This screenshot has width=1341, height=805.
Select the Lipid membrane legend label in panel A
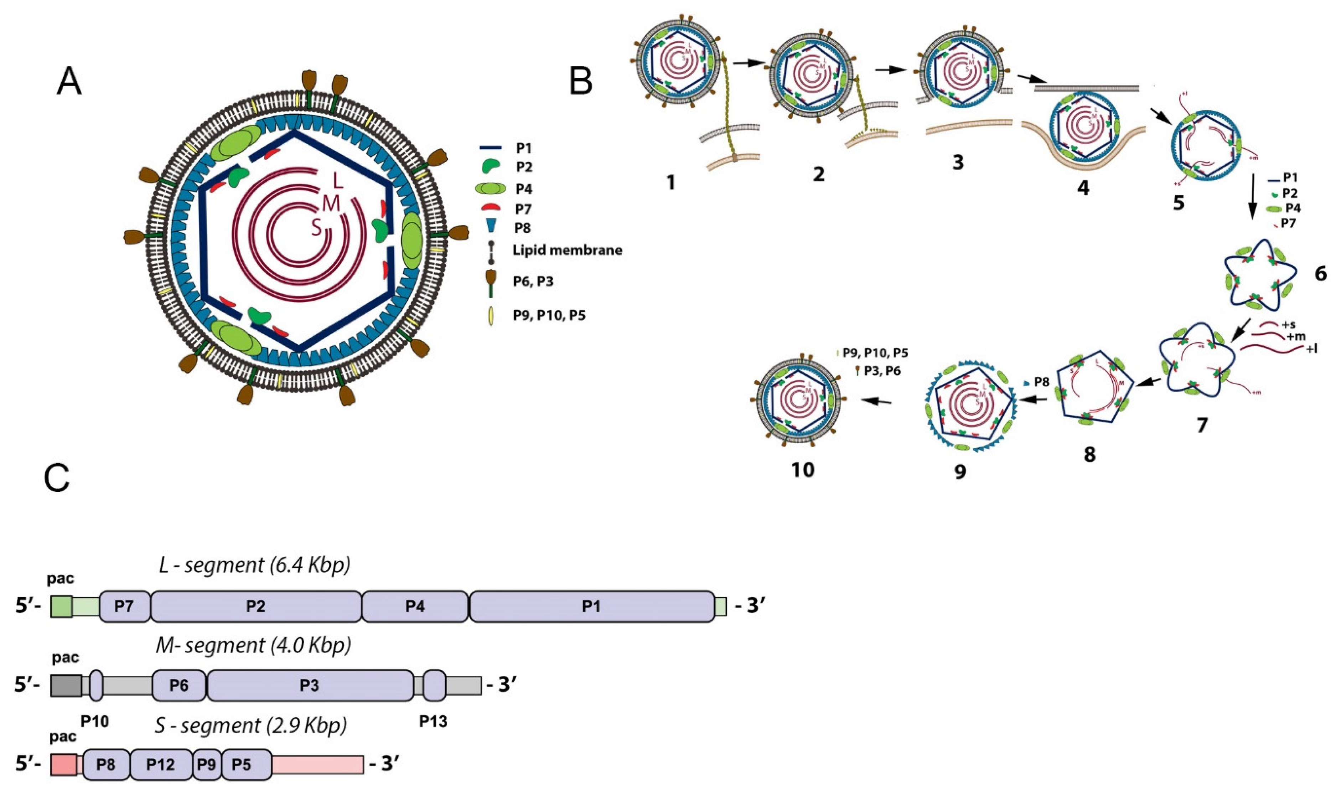(567, 251)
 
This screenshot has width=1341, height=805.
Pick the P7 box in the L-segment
(124, 607)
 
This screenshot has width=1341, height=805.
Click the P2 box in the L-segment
(255, 607)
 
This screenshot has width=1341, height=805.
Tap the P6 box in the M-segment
(179, 686)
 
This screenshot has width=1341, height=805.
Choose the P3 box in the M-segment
(309, 686)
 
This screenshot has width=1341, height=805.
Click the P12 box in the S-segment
(161, 765)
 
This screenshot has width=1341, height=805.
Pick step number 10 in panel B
(803, 470)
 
